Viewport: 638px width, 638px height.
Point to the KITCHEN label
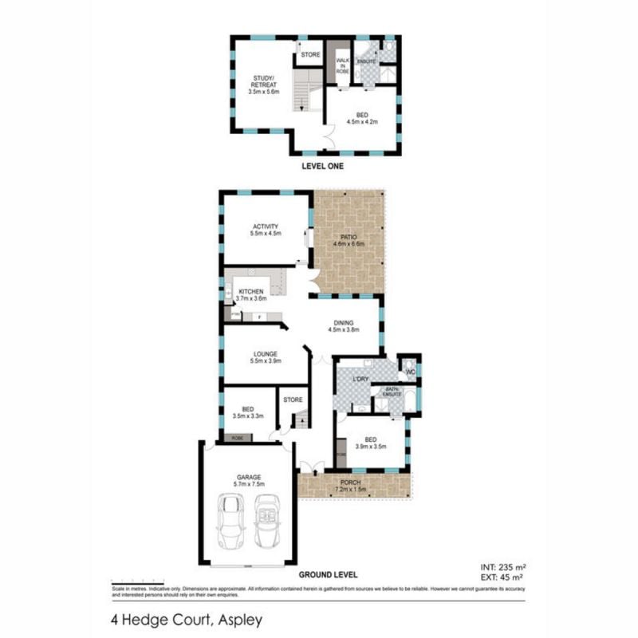pos(253,292)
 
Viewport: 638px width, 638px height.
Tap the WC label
pos(412,372)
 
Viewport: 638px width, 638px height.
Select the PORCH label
pos(351,481)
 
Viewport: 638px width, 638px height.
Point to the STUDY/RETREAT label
pos(262,81)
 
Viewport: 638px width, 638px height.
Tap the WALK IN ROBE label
pos(341,65)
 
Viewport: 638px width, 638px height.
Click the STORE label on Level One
pos(310,56)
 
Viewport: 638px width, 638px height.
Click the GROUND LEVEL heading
pos(328,574)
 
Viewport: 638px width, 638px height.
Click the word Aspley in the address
pos(238,618)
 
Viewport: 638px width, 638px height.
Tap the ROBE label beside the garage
pos(238,439)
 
